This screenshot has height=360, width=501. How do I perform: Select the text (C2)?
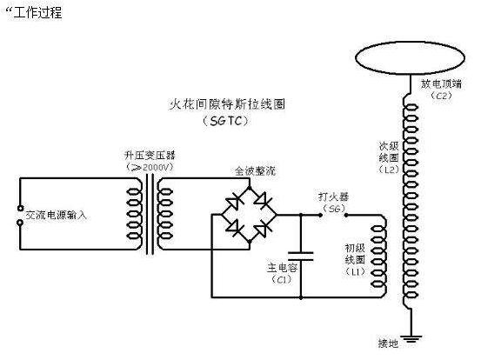coord(442,96)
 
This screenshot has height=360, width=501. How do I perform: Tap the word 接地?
coord(388,343)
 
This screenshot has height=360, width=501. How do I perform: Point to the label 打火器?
coord(332,197)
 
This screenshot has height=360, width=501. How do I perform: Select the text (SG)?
coord(332,210)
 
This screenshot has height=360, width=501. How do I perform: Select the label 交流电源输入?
coord(57,214)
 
